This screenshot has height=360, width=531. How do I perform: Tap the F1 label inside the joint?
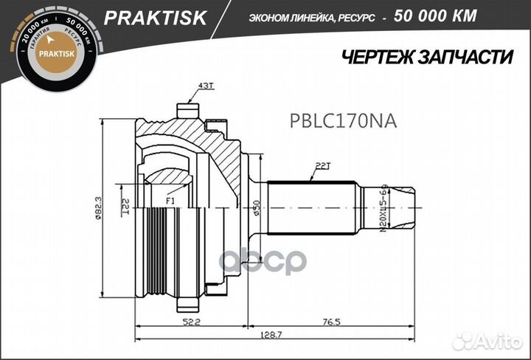click(x=170, y=199)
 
